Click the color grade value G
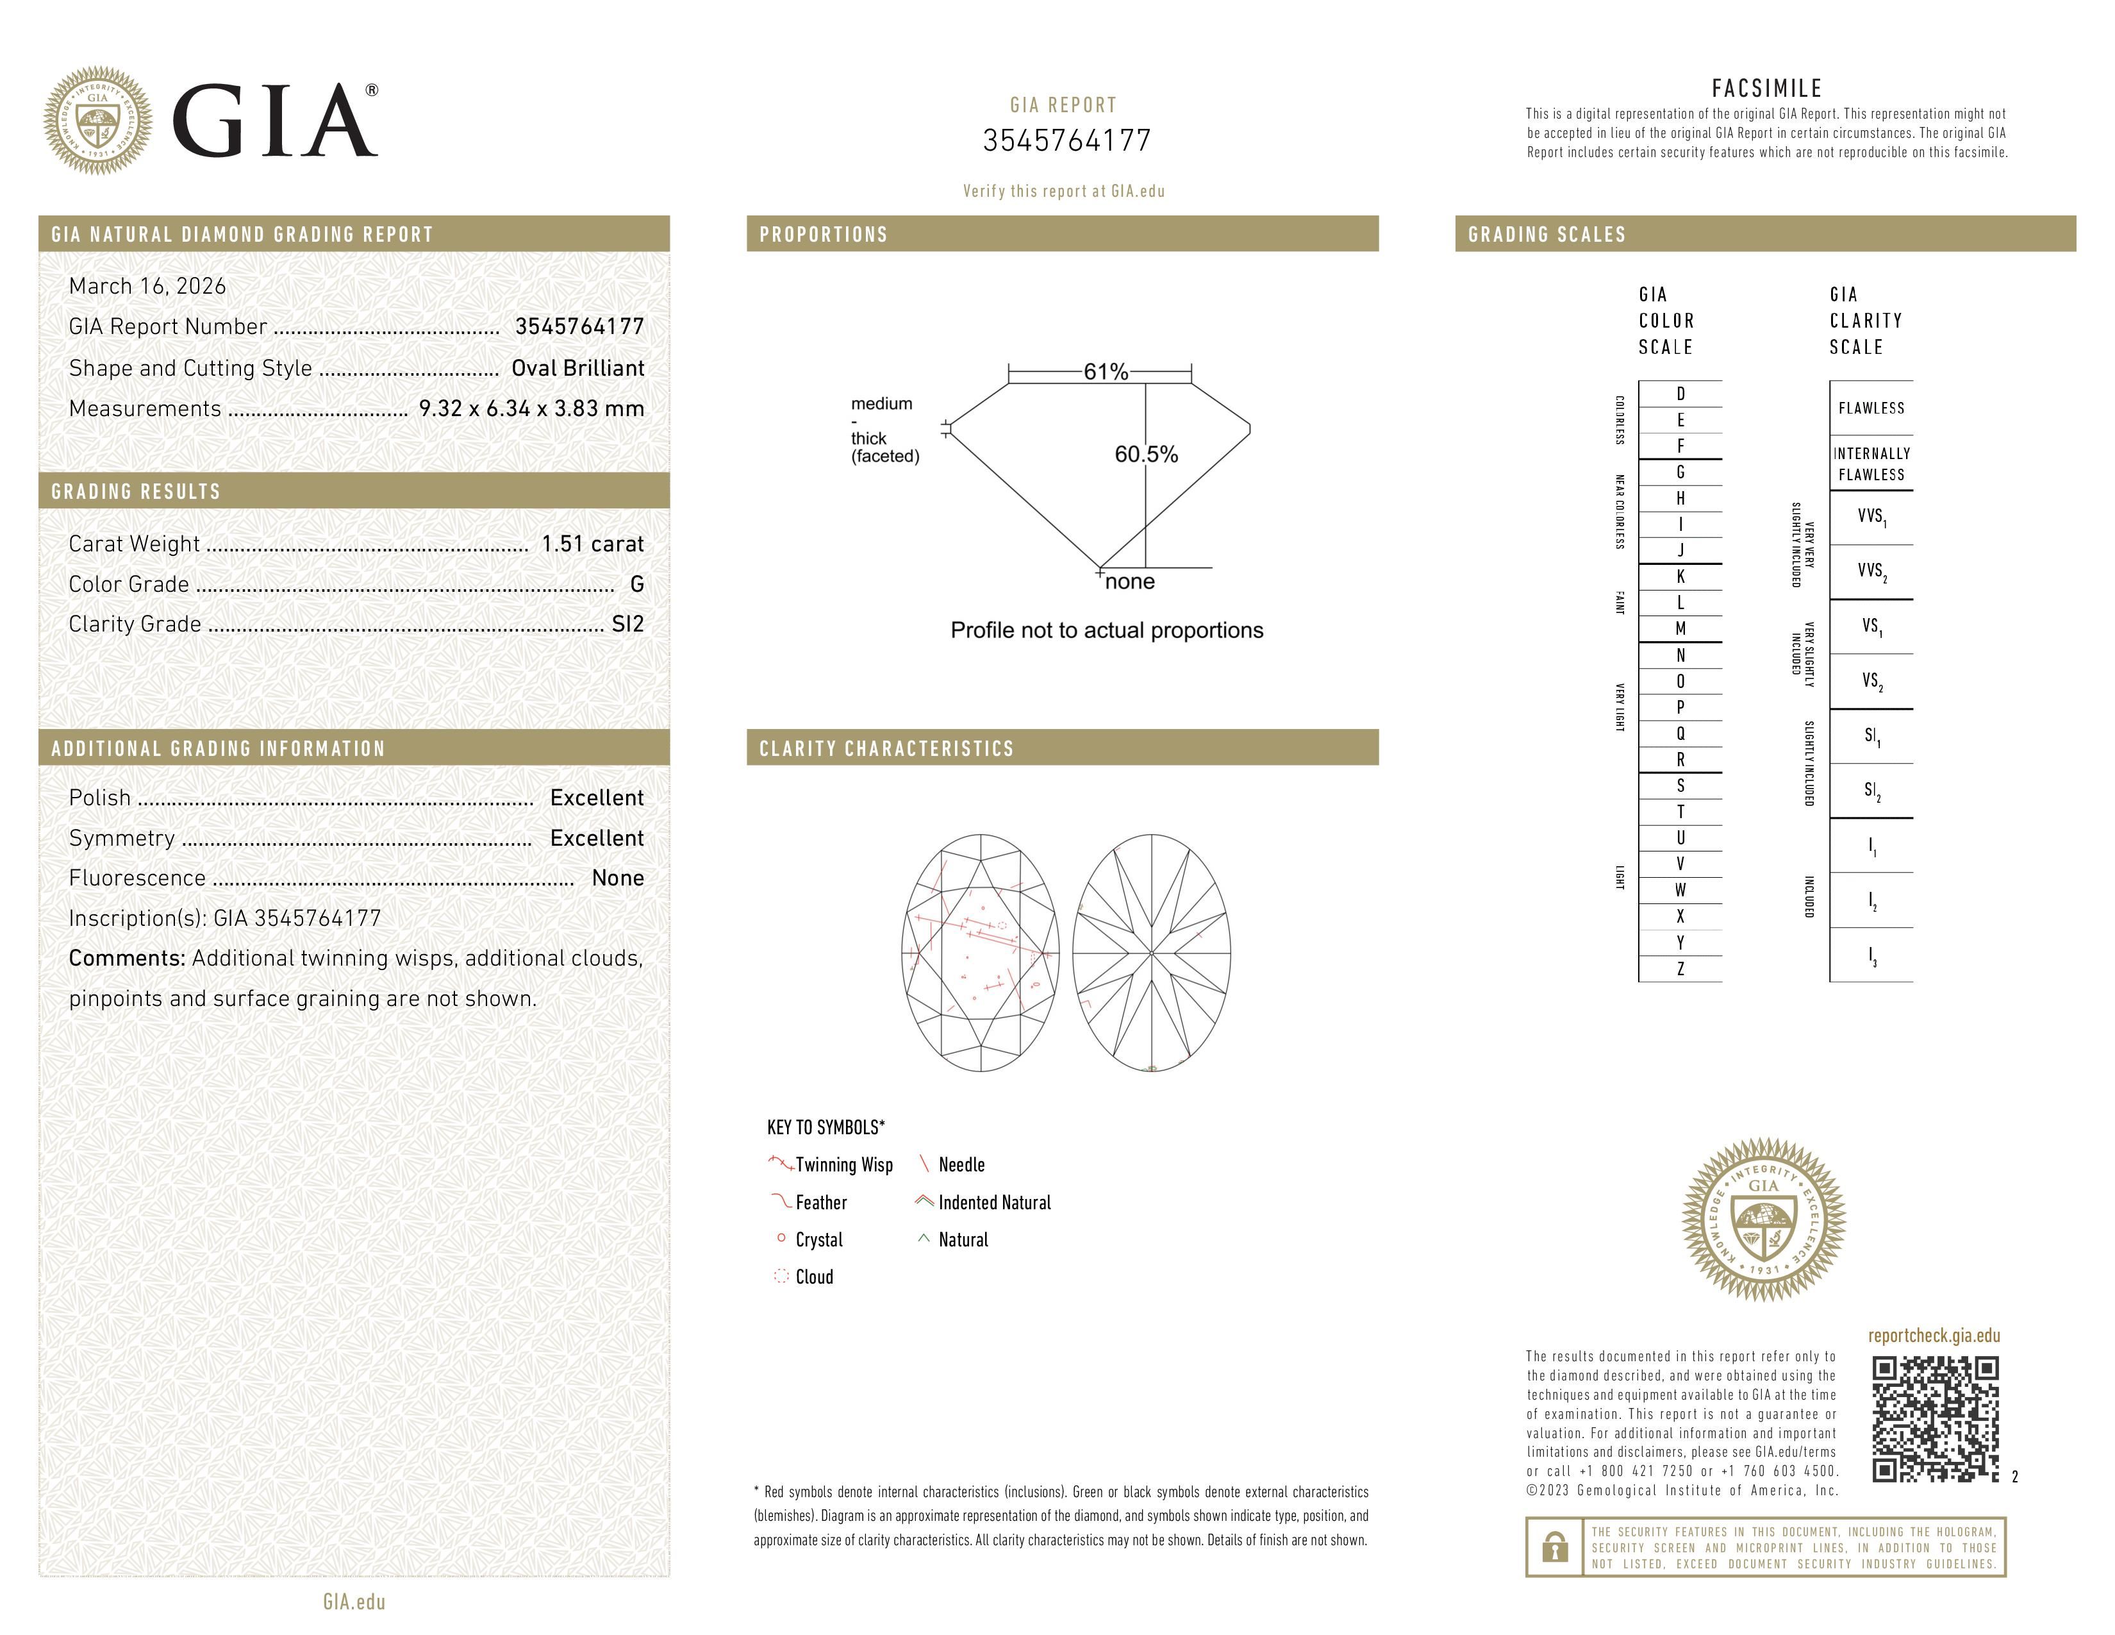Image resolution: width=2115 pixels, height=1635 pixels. pos(636,584)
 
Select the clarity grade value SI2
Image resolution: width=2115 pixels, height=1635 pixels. pos(627,624)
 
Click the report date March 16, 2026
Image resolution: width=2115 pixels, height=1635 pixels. pos(147,286)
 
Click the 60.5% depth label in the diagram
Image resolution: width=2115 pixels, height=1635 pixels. pos(1146,455)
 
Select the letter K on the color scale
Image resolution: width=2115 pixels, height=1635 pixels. pos(1680,576)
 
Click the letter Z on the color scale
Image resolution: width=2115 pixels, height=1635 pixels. pos(1680,969)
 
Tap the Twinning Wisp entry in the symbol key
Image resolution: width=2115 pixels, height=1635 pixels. pos(843,1164)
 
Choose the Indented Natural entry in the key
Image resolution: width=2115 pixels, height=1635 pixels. pos(993,1202)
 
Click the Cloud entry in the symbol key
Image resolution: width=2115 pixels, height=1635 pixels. pos(813,1277)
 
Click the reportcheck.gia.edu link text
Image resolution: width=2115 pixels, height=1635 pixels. pos(1933,1336)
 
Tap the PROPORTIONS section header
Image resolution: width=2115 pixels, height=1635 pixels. pos(823,235)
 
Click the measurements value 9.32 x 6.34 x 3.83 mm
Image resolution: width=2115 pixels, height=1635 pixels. pos(531,409)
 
